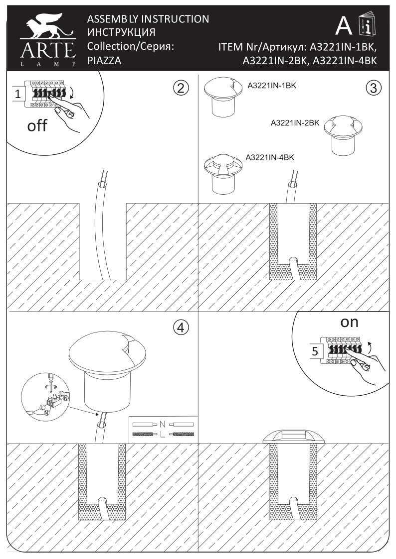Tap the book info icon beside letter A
click(x=369, y=25)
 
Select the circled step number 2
click(x=181, y=88)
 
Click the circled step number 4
click(x=181, y=327)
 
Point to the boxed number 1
click(x=17, y=93)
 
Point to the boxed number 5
click(x=314, y=351)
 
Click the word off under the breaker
click(x=37, y=125)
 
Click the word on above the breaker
click(x=349, y=322)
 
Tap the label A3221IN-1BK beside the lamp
click(x=272, y=86)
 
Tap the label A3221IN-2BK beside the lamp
click(x=294, y=122)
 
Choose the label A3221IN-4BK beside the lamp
click(x=270, y=157)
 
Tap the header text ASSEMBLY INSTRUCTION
click(x=148, y=19)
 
